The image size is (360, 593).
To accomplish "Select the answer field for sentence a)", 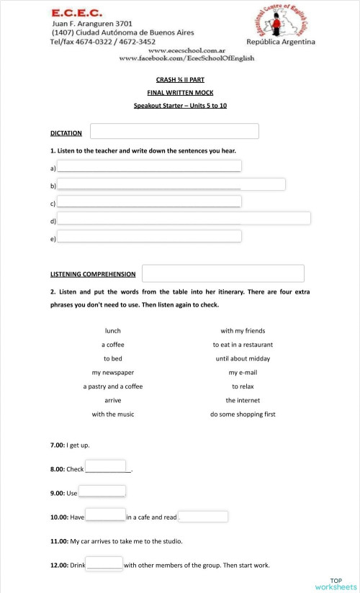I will coord(149,166).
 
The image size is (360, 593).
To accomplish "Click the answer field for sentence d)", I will coord(184,218).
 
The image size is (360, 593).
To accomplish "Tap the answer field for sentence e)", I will coord(149,236).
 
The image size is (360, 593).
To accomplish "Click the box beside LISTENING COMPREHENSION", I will coord(223,273).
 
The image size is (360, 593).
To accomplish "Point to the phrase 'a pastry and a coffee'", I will coord(113,386).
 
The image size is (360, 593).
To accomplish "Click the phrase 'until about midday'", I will coord(243,358).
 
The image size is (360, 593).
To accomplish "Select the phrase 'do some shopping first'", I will coord(243,414).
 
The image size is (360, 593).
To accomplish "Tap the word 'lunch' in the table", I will coord(113,331).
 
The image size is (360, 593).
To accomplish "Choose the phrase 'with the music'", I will coord(113,414).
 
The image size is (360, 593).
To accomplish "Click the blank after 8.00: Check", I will coord(106,466).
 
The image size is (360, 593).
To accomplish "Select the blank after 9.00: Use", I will coord(102,491).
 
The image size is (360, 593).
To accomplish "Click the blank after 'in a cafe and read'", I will coord(203,517).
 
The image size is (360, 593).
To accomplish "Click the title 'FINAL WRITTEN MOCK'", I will coord(181,92).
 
